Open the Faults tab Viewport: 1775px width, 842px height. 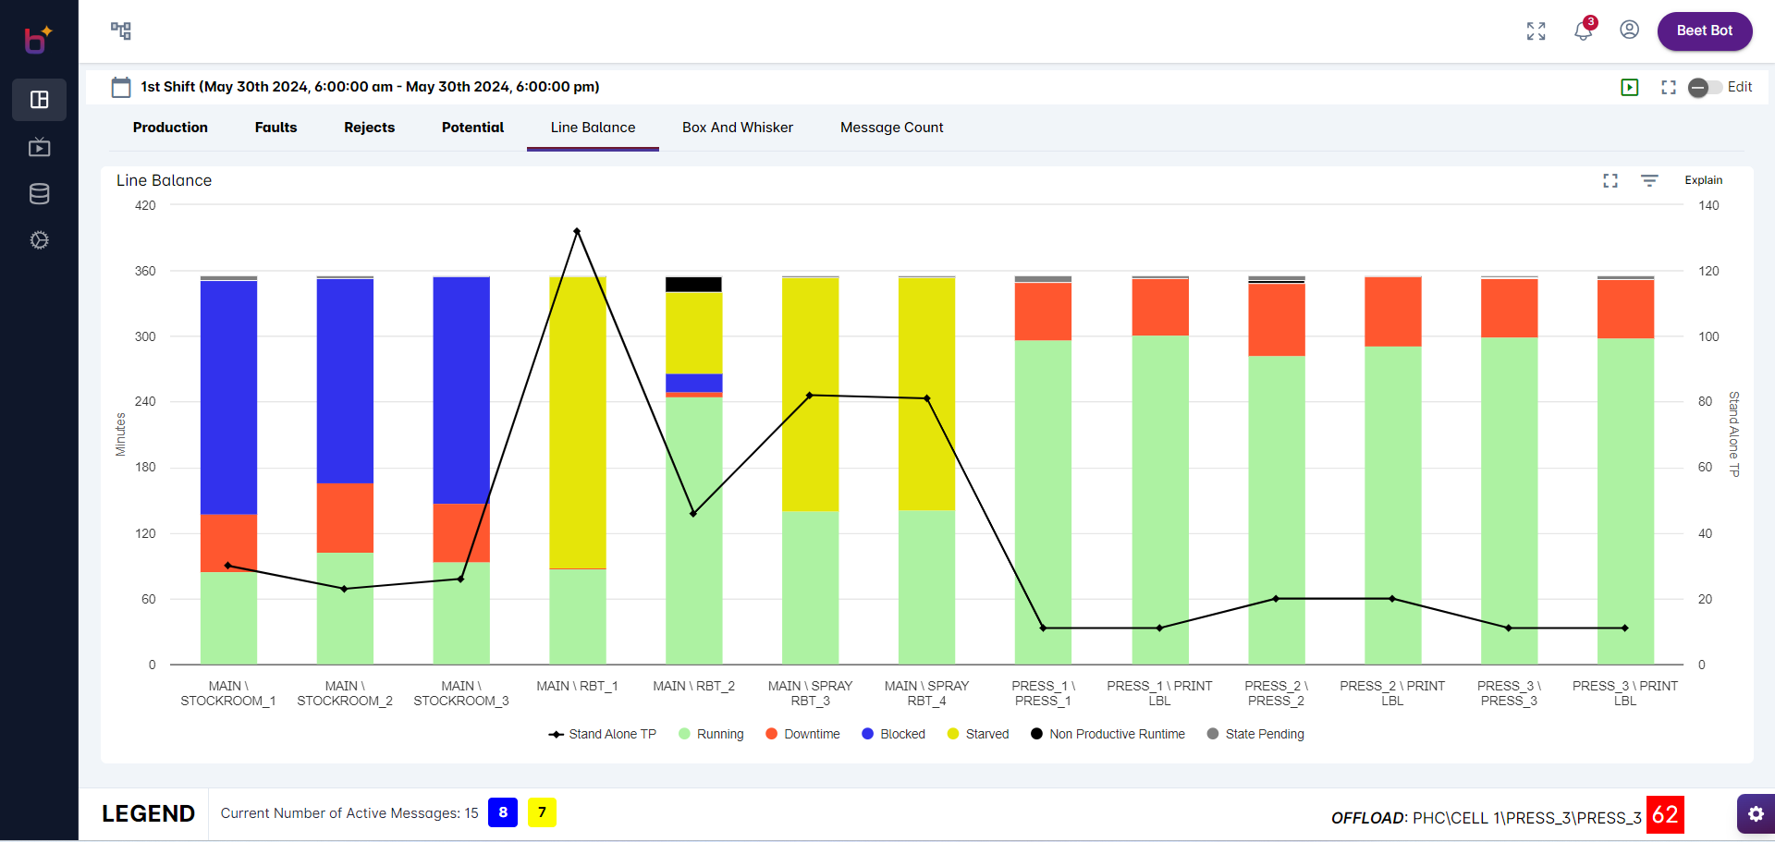coord(275,128)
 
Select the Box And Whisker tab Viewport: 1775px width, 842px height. coord(737,128)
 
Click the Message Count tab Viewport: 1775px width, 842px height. coord(891,128)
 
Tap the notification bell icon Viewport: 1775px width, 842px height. coord(1583,31)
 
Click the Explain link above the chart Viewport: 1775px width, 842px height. coord(1703,180)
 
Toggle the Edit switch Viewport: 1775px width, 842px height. coord(1705,87)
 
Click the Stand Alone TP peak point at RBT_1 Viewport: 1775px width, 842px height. coord(577,231)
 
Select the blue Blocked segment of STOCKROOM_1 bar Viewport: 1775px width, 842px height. coord(228,397)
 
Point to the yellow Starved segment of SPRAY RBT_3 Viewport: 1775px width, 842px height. coord(810,393)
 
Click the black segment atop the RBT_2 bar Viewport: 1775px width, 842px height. coord(693,285)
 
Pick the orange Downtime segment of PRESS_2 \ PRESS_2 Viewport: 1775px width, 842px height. coord(1276,320)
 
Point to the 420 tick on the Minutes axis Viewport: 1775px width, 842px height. coord(145,205)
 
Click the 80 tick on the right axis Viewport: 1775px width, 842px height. coord(1705,401)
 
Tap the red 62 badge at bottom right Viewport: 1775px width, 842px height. coord(1664,814)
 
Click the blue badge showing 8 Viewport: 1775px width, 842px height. coord(502,812)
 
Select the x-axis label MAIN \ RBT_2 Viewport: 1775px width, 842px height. coord(693,686)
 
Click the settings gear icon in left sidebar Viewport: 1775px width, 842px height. coord(39,240)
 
